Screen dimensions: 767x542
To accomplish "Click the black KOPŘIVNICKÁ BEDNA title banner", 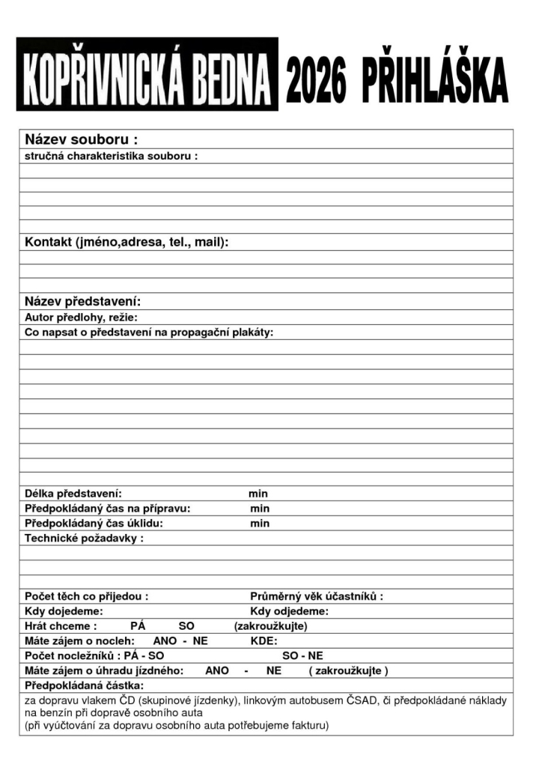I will click(x=147, y=74).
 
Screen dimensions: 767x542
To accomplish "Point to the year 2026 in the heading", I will click(x=317, y=80).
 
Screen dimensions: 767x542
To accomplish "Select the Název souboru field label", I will click(x=82, y=139).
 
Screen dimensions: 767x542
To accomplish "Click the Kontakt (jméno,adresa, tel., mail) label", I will click(x=127, y=243).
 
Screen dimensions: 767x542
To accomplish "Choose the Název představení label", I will click(x=83, y=302).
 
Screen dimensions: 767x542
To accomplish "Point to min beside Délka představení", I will click(x=258, y=494).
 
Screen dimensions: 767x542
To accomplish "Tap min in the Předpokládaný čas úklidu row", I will click(x=260, y=524).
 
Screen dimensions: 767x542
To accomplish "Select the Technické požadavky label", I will click(x=84, y=538).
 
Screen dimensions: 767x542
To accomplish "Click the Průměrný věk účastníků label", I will click(x=317, y=597).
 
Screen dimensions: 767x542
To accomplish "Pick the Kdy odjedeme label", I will click(x=289, y=611).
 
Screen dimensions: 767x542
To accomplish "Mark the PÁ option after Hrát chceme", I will click(x=138, y=626).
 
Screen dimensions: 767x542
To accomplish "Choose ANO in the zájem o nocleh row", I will click(x=165, y=641).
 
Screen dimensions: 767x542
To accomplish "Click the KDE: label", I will click(x=264, y=641).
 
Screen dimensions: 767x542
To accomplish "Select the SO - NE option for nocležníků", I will click(x=302, y=655).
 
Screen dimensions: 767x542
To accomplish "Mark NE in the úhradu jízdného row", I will click(x=273, y=670).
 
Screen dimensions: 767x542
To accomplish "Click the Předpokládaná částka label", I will click(x=84, y=685).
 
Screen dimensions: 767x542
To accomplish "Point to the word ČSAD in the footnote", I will click(x=364, y=701).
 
